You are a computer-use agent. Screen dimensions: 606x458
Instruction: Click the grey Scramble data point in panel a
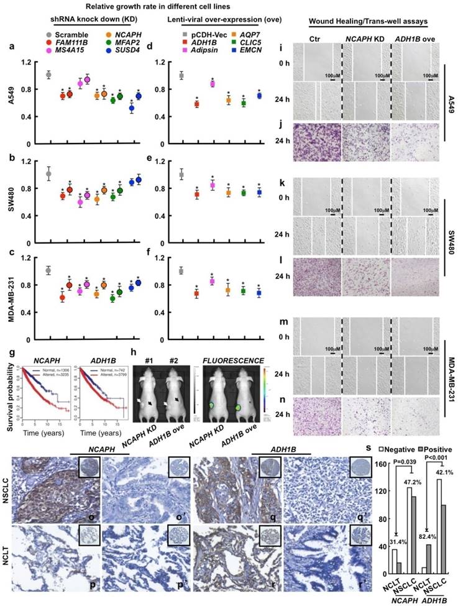pos(48,75)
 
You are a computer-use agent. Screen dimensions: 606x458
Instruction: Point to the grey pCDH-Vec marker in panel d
pos(181,75)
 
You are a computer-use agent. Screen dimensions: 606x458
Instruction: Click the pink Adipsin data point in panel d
pos(213,84)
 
